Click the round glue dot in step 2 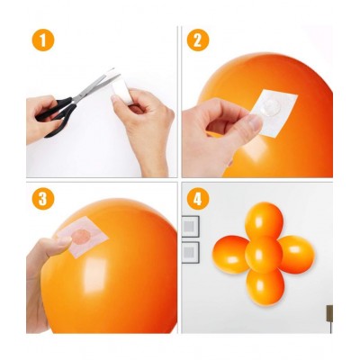pos(268,107)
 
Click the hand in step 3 pos(40,261)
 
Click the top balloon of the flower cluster pos(265,220)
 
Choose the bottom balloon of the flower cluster pos(265,286)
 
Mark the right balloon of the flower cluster pos(297,254)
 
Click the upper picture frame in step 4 pos(191,226)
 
